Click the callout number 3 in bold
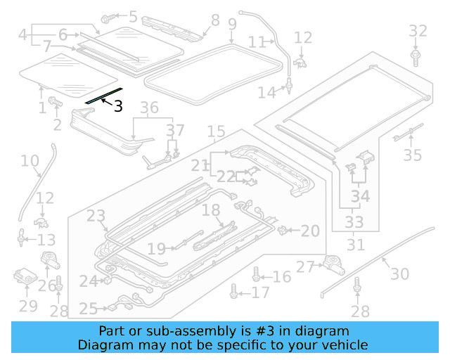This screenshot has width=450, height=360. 118,106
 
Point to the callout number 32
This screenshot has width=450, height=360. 418,30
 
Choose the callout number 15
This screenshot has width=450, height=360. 216,131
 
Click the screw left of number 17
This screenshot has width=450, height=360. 234,290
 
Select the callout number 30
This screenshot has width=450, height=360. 399,274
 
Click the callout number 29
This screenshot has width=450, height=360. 28,306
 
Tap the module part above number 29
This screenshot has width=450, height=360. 27,277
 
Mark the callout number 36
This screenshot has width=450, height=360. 149,108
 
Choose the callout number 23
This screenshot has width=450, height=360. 96,216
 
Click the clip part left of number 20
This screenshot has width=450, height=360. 283,229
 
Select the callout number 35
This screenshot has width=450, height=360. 412,155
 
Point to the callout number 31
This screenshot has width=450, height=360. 356,245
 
